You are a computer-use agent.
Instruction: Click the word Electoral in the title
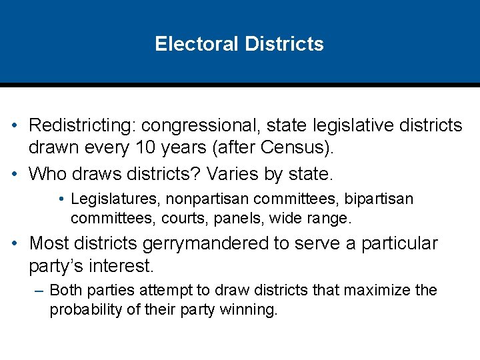(197, 44)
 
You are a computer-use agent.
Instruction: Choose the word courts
(176, 218)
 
